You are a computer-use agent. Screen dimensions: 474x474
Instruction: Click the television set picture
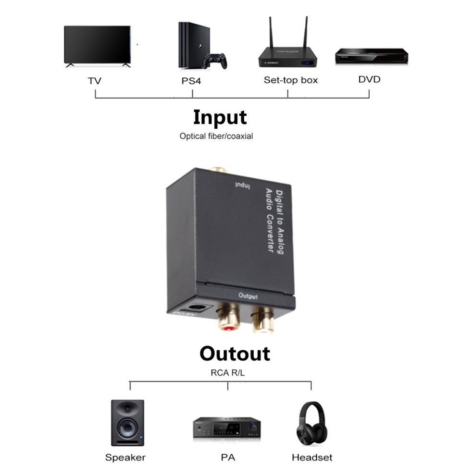tap(97, 45)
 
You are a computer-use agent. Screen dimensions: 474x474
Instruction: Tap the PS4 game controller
tap(214, 61)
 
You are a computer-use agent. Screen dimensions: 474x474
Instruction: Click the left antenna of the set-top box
tap(271, 34)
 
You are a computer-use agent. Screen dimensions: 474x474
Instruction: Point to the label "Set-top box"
tap(290, 80)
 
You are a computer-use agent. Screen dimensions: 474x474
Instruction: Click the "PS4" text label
tap(191, 80)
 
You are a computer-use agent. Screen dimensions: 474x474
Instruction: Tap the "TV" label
tap(95, 80)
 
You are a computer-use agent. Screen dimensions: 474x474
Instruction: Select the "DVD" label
tap(369, 79)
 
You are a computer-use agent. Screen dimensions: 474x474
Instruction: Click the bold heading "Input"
tap(220, 117)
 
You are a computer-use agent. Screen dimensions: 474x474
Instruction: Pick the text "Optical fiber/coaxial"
tap(216, 136)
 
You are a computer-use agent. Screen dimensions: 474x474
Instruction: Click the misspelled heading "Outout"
tap(235, 353)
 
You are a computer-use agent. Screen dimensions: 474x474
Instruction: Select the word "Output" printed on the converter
tap(248, 297)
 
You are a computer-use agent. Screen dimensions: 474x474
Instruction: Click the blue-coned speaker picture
tap(127, 423)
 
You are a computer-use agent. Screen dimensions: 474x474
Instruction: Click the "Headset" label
tap(312, 457)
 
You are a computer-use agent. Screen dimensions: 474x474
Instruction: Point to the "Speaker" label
tap(125, 457)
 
